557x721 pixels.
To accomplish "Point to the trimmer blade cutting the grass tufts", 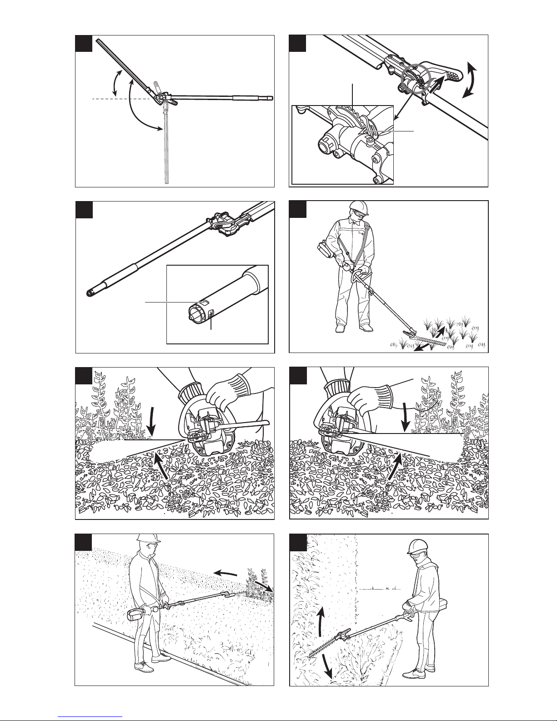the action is pyautogui.click(x=423, y=336).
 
